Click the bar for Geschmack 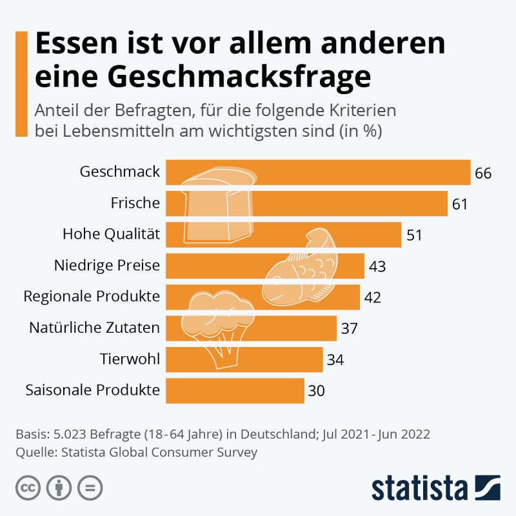361,172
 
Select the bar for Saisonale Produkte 235,390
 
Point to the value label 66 483,174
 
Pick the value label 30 316,391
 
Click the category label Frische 135,203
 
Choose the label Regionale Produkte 92,297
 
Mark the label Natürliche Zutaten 94,328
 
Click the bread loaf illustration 218,206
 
